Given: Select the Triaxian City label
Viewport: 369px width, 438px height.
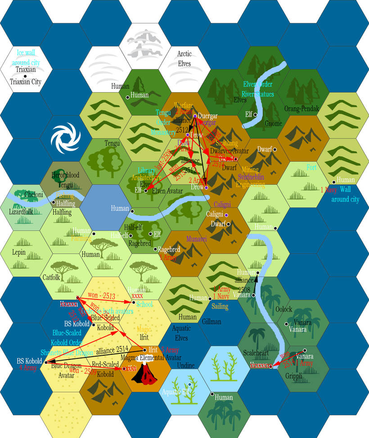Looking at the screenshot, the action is (x=26, y=82).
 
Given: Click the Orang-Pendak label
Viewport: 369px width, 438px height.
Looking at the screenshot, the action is (x=301, y=109).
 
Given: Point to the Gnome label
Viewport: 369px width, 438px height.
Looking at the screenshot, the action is (x=274, y=124).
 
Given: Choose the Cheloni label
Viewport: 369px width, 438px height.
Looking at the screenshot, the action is (x=34, y=195).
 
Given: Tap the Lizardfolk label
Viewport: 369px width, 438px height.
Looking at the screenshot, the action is (x=21, y=211).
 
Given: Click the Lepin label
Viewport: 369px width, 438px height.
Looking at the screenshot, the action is (x=19, y=253).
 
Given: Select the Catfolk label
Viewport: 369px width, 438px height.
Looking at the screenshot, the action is (x=51, y=277).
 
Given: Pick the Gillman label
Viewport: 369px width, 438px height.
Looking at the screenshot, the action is (x=211, y=322).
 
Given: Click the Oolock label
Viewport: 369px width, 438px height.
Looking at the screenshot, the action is (x=284, y=309).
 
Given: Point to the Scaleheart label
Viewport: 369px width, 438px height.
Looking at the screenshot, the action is (x=255, y=353).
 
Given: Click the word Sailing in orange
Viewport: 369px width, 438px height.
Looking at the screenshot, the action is (x=220, y=306).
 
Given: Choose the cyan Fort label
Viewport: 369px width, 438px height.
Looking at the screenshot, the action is (x=311, y=167).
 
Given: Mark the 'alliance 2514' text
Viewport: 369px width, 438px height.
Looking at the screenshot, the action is (x=112, y=349).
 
